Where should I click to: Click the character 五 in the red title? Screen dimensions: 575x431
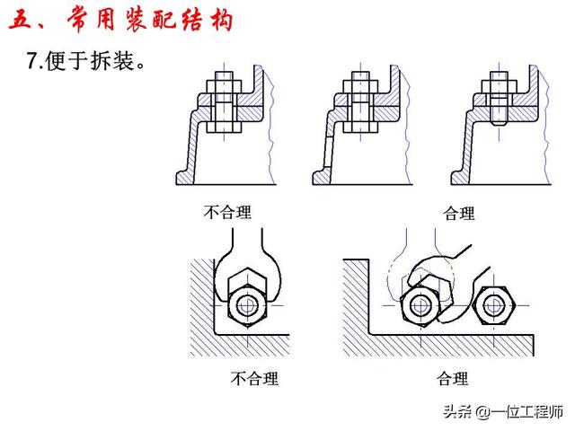(x=20, y=19)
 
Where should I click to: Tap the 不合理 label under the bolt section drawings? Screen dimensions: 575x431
(x=226, y=213)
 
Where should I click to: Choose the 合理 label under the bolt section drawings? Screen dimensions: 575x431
(x=459, y=214)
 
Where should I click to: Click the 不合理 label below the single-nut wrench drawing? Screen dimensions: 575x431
(x=254, y=378)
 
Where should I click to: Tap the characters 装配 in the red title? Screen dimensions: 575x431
(x=157, y=19)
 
